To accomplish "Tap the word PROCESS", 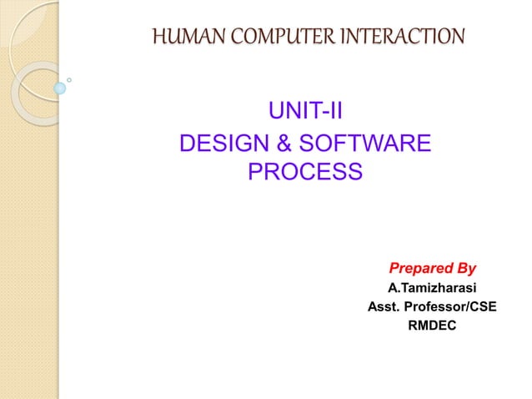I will point(305,174).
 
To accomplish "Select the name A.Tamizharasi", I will point(432,289).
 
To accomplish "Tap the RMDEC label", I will point(432,326).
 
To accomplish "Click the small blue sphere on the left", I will point(60,88).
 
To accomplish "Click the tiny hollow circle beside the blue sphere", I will point(69,81).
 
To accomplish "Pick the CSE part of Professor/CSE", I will point(483,307).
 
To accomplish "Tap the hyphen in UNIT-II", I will point(324,112).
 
